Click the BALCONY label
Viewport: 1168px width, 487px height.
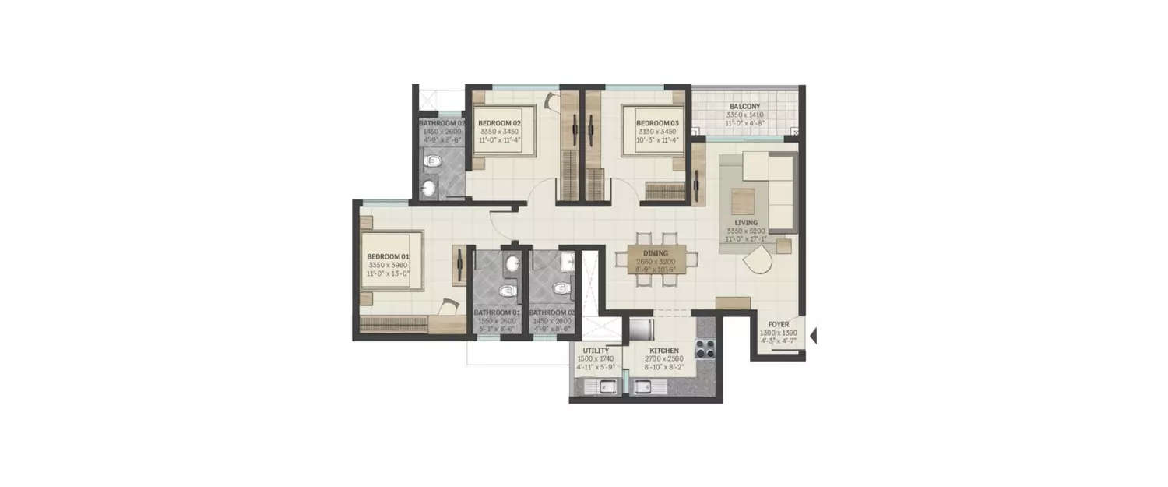pos(744,107)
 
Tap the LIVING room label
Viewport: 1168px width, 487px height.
pos(746,223)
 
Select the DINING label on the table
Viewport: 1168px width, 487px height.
pos(655,253)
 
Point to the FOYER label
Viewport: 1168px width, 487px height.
pos(778,324)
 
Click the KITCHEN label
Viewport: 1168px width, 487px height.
pos(664,351)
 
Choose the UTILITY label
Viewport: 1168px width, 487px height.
pos(596,351)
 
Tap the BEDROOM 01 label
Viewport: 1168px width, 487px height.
pos(388,256)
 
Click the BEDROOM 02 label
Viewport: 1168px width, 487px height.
pos(499,123)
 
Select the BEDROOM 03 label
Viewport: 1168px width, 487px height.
pos(657,123)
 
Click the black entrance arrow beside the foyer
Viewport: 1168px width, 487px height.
pos(813,337)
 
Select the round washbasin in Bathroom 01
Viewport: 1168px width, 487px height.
pos(512,265)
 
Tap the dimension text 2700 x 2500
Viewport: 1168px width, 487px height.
pos(664,360)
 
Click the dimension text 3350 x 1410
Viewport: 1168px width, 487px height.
pos(744,115)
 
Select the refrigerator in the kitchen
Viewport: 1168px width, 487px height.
pos(640,327)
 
